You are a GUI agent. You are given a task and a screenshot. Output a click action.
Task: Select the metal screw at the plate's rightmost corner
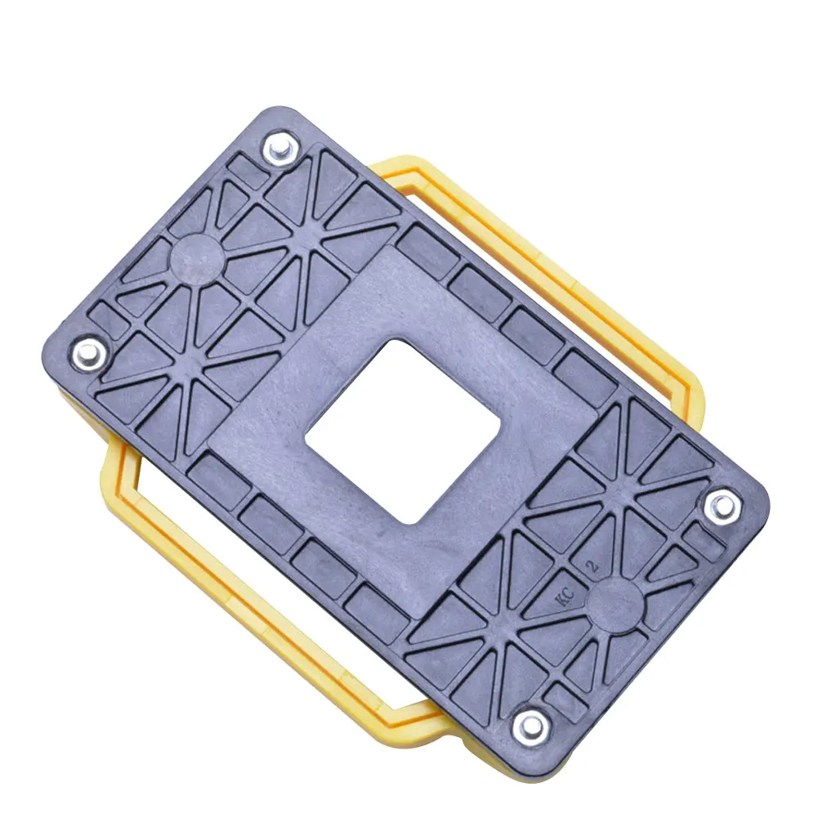click(722, 506)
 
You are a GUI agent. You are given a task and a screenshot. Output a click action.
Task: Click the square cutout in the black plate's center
click(402, 431)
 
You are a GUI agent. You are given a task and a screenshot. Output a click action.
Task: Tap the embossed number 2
click(593, 566)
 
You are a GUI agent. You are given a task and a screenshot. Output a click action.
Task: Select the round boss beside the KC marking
click(615, 606)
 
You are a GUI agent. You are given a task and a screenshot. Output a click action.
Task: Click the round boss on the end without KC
click(198, 259)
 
